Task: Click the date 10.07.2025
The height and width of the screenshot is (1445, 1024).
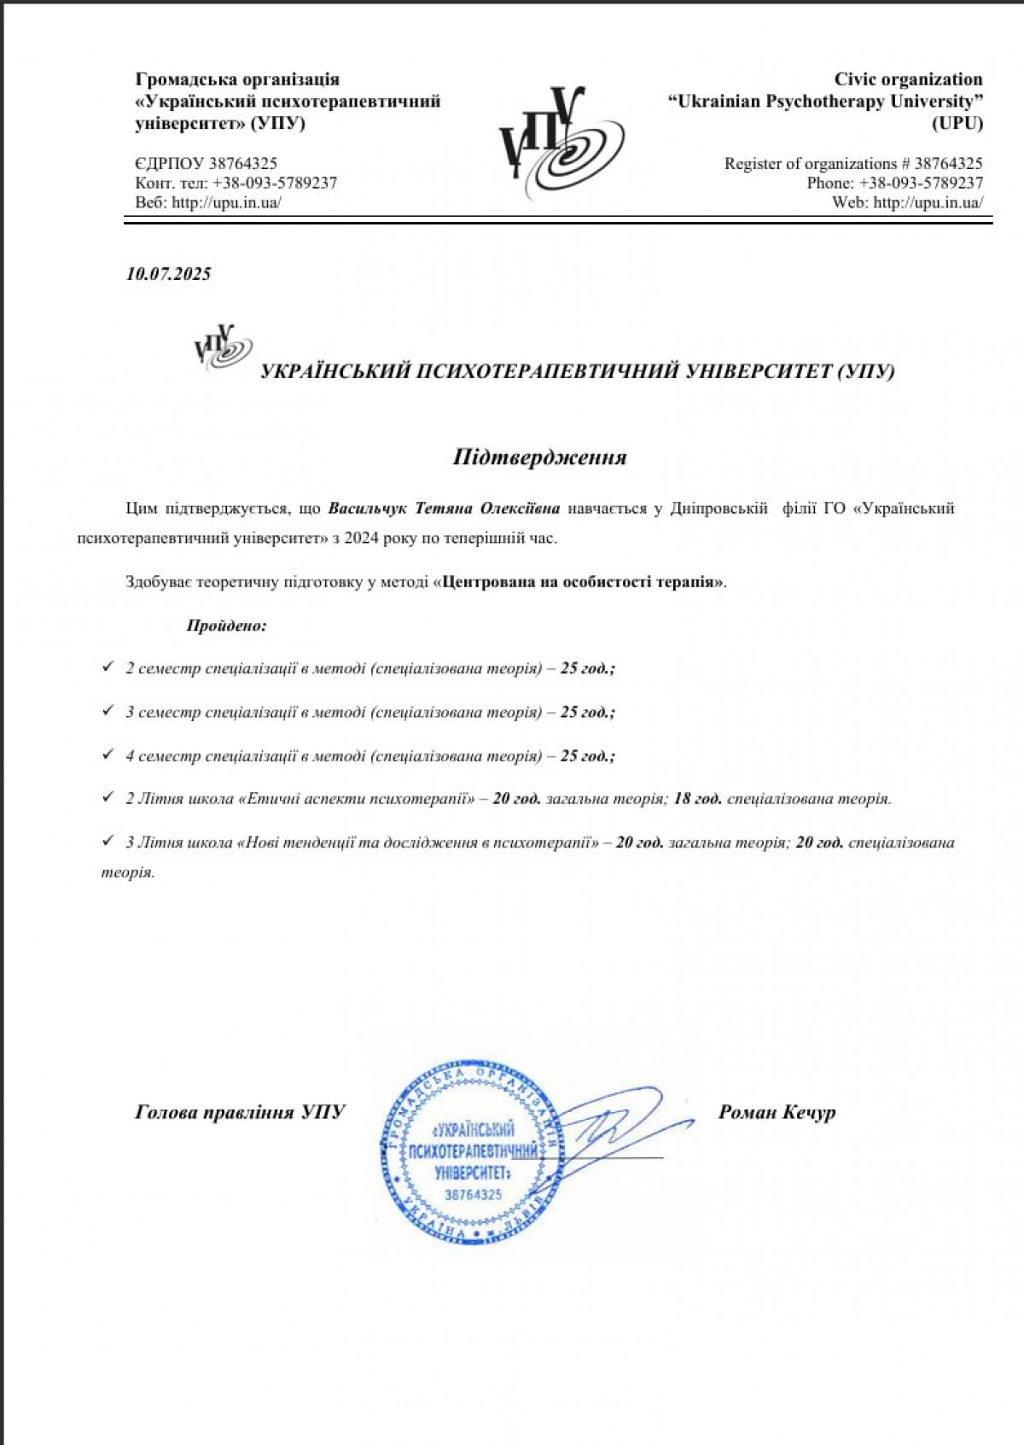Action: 168,274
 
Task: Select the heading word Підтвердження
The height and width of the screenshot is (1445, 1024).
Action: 539,457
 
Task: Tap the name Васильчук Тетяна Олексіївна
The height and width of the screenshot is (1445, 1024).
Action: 444,509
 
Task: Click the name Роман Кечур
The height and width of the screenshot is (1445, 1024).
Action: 777,1112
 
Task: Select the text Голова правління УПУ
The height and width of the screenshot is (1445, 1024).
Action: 240,1112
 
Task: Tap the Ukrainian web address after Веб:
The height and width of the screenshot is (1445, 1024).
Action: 226,203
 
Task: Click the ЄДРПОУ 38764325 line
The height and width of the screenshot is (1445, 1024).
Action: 206,164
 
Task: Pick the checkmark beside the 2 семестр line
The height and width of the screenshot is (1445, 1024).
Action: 108,667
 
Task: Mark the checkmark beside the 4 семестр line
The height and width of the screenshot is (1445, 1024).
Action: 108,755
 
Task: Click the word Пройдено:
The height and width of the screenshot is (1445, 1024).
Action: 226,626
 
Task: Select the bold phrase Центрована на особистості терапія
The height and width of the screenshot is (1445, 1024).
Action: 579,583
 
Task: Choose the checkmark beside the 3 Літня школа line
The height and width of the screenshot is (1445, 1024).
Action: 108,842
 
